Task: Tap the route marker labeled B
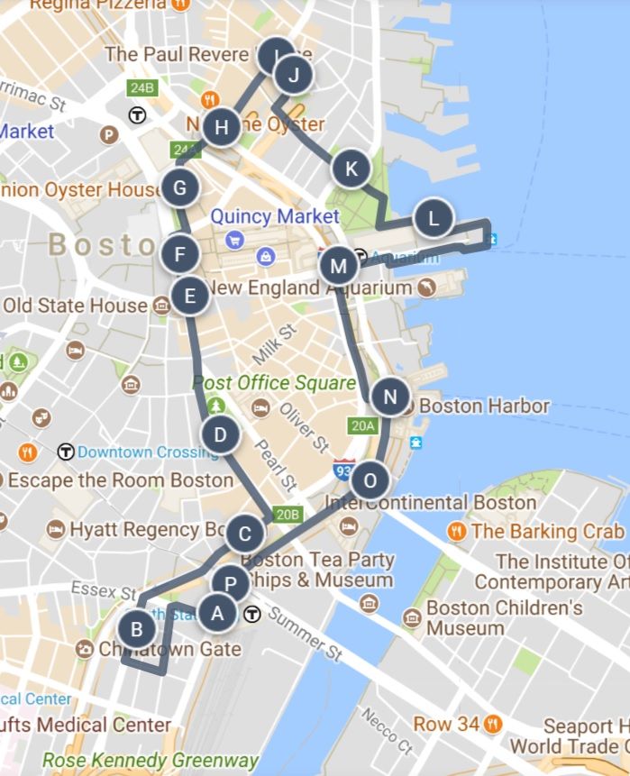pyautogui.click(x=136, y=628)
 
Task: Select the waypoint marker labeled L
pyautogui.click(x=434, y=218)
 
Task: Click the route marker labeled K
pyautogui.click(x=352, y=169)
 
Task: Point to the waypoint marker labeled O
pyautogui.click(x=370, y=479)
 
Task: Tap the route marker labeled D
pyautogui.click(x=220, y=436)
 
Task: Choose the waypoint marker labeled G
pyautogui.click(x=180, y=188)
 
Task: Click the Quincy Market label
pyautogui.click(x=275, y=217)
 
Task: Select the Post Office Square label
pyautogui.click(x=274, y=383)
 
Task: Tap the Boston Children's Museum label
pyautogui.click(x=504, y=617)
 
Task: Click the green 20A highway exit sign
pyautogui.click(x=362, y=425)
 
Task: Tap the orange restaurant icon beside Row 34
pyautogui.click(x=492, y=723)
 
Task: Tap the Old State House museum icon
pyautogui.click(x=161, y=306)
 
